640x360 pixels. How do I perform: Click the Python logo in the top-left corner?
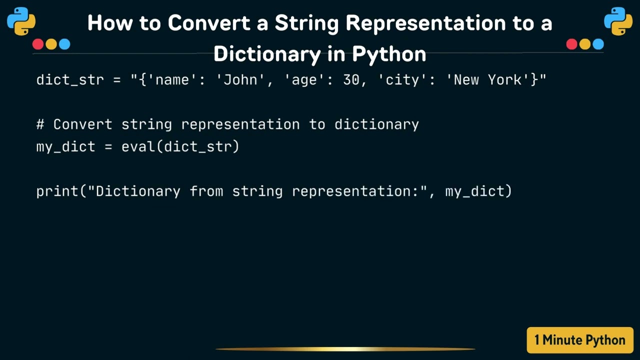(21, 21)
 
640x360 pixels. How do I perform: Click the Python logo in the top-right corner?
(618, 21)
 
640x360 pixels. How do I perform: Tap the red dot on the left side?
(38, 44)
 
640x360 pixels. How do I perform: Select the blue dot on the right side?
(598, 44)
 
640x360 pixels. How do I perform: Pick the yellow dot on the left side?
(51, 44)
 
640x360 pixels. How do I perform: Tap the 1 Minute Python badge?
(580, 340)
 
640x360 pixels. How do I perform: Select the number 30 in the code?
(351, 79)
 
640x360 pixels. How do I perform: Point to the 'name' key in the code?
(173, 79)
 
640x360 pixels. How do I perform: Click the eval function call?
(141, 146)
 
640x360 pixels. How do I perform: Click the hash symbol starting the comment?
(40, 124)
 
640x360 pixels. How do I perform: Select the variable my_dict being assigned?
(65, 146)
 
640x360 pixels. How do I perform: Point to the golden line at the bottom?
(345, 349)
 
